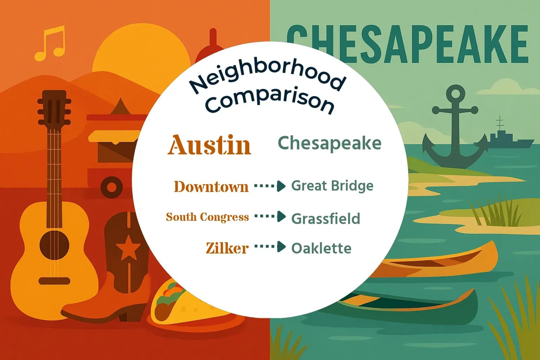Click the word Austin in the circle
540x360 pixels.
[209, 144]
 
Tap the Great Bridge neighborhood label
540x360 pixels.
[332, 186]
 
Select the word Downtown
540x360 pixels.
[211, 186]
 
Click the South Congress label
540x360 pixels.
[207, 217]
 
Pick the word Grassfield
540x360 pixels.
[326, 219]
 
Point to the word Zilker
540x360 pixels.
[227, 248]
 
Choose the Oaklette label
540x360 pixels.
[321, 249]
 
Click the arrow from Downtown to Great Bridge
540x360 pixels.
[270, 186]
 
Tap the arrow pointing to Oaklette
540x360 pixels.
[270, 247]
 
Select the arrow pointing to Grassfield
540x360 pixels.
[270, 217]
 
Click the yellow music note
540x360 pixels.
[50, 43]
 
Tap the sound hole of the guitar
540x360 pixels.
[54, 245]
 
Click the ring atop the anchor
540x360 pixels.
[455, 94]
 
